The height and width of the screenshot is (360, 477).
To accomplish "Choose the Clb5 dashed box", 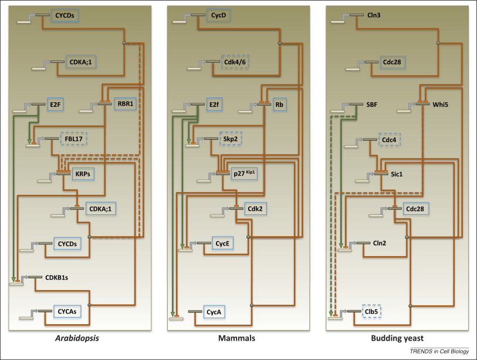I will pos(373,311).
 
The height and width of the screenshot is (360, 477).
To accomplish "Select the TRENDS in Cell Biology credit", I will pos(434,351).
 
